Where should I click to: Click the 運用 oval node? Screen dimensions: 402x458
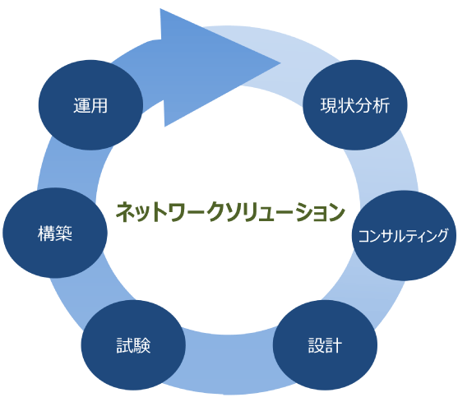tap(90, 105)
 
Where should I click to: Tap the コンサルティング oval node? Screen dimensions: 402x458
tap(403, 236)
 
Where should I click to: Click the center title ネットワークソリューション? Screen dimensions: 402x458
tap(229, 212)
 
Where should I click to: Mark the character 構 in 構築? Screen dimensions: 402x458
tap(46, 233)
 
